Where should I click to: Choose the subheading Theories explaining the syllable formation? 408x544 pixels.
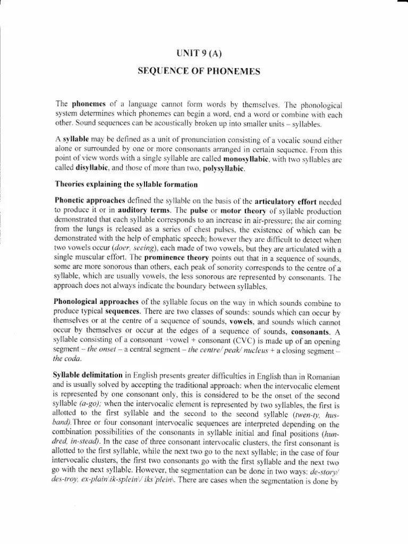pos(126,184)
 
